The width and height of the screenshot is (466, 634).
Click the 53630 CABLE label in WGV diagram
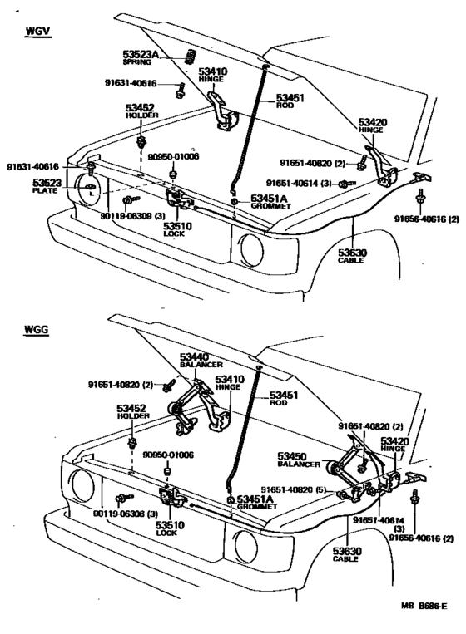352,255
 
